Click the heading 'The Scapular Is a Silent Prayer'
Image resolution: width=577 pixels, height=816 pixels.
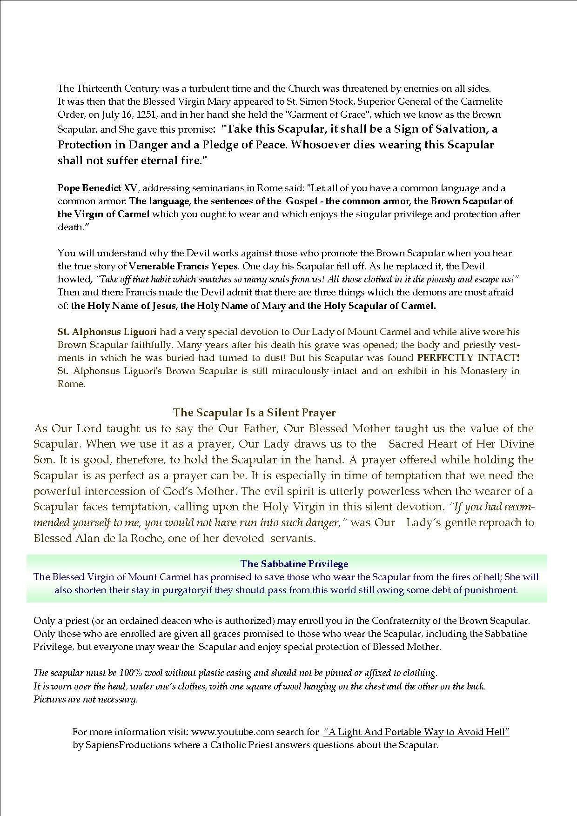pyautogui.click(x=254, y=413)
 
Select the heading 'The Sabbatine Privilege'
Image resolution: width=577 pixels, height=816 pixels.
pyautogui.click(x=294, y=564)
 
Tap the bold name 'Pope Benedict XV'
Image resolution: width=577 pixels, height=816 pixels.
pyautogui.click(x=98, y=188)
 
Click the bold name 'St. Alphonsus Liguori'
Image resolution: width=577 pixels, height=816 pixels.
pyautogui.click(x=107, y=332)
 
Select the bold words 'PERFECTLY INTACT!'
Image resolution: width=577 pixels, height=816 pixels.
pyautogui.click(x=468, y=358)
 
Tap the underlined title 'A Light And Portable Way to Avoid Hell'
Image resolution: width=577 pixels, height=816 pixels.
pyautogui.click(x=416, y=732)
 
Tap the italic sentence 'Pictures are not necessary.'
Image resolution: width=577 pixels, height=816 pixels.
pyautogui.click(x=86, y=699)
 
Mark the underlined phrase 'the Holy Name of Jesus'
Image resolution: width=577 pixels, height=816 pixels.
pyautogui.click(x=124, y=306)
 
